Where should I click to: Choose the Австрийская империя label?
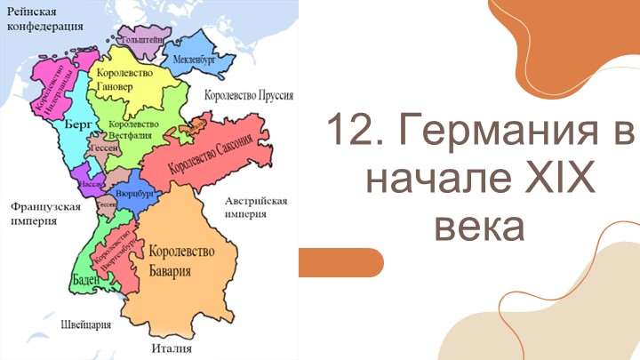(256, 207)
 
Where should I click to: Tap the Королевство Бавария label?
(183, 260)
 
